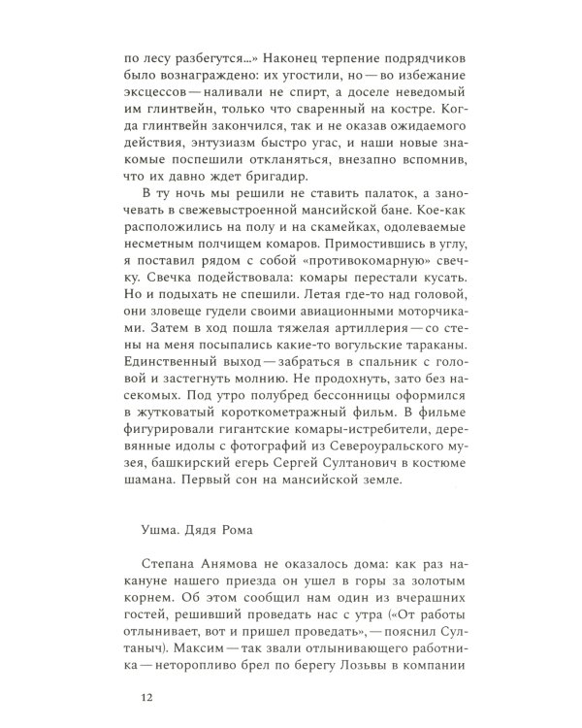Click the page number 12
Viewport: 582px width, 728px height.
147,696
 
